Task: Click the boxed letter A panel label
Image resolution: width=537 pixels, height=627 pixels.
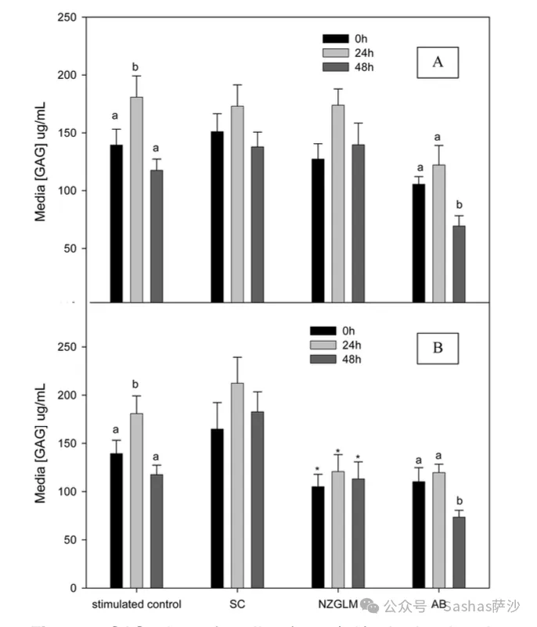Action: [x=438, y=63]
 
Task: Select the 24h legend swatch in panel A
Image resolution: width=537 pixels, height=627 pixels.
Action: [x=334, y=52]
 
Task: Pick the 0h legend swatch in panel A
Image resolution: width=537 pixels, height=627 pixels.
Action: [x=334, y=38]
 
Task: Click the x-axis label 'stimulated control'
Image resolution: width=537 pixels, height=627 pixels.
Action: [x=137, y=604]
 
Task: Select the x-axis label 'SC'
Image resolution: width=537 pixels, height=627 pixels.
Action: [x=235, y=604]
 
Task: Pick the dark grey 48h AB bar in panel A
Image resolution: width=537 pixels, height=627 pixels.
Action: [x=458, y=263]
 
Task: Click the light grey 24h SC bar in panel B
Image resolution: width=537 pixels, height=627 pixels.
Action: [x=236, y=485]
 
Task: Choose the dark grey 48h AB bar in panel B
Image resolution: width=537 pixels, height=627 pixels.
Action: [x=458, y=552]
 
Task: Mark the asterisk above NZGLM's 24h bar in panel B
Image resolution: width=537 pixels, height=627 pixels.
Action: [x=337, y=452]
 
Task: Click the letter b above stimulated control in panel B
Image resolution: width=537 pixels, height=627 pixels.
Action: [x=135, y=385]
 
